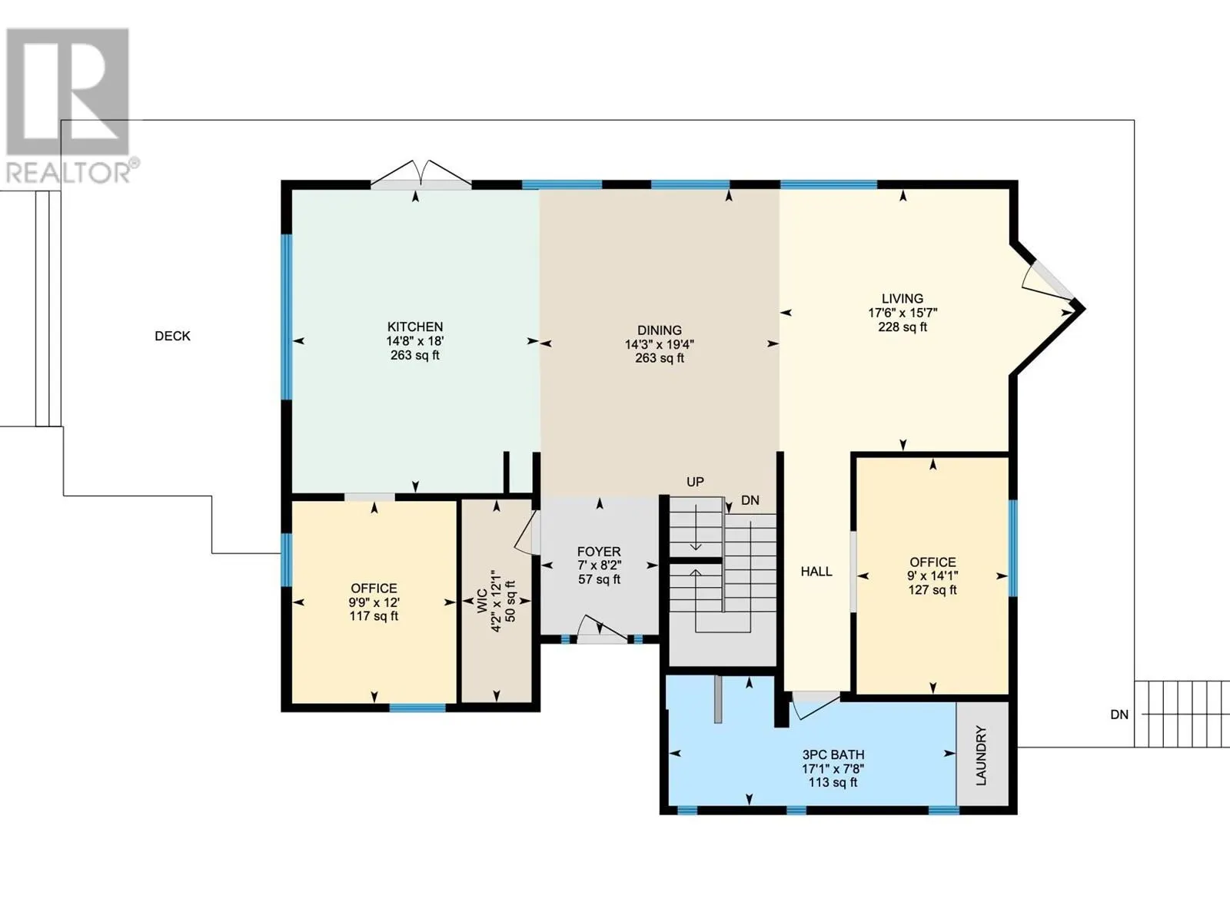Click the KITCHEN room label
coord(414,327)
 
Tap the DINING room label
coord(660,330)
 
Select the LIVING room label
coord(903,298)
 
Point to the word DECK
coord(173,336)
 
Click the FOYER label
coord(599,552)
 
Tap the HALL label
coord(816,572)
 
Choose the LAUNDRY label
coord(981,755)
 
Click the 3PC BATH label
coord(833,755)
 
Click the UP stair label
coord(696,482)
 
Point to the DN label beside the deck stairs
coord(1119,715)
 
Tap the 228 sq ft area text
coord(903,327)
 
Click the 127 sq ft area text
coord(932,590)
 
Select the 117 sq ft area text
coord(374,616)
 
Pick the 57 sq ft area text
coord(599,579)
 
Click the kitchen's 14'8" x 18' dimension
coord(414,341)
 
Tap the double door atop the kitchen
coord(421,174)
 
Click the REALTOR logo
coord(69,105)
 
